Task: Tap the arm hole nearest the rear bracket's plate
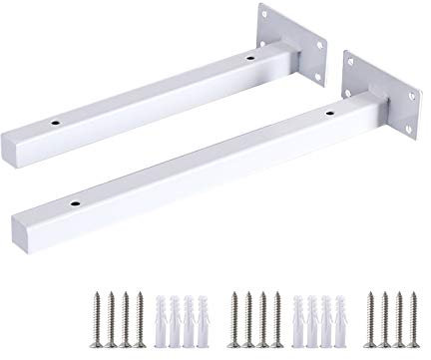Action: click(x=248, y=59)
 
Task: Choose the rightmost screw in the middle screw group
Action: click(x=274, y=313)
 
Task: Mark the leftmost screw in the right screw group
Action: click(x=370, y=313)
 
